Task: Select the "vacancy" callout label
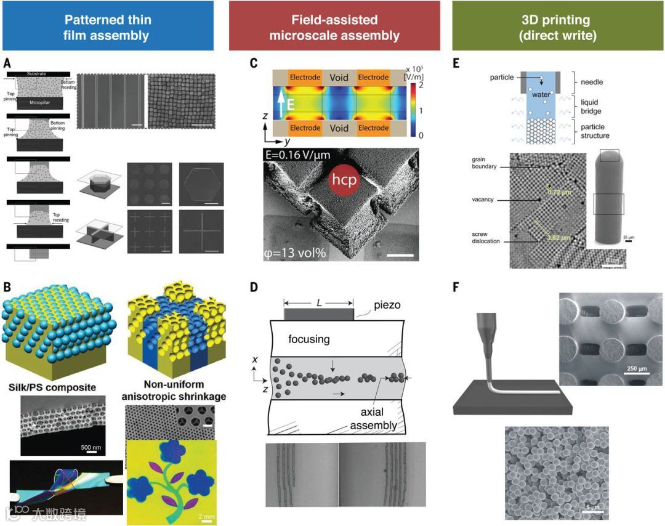(x=483, y=200)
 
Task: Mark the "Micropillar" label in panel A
(x=39, y=102)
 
